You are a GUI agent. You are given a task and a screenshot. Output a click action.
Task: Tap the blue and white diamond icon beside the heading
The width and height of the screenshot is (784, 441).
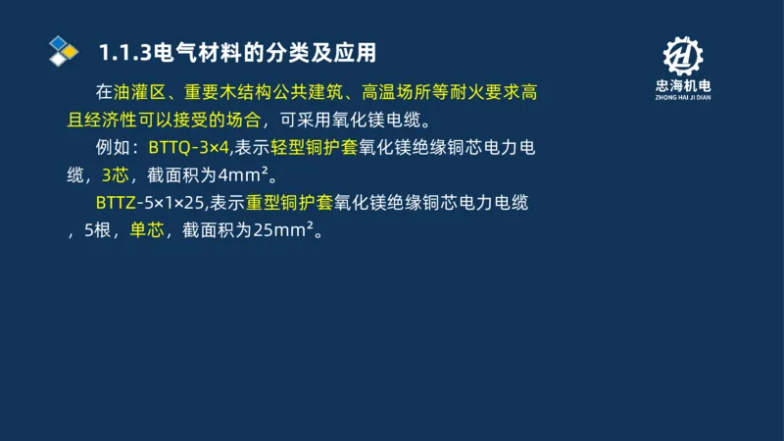coord(63,50)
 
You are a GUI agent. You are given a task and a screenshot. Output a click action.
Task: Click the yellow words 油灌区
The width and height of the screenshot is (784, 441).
coord(136,94)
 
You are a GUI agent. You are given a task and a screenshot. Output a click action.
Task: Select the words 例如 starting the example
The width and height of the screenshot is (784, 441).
coord(115,149)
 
